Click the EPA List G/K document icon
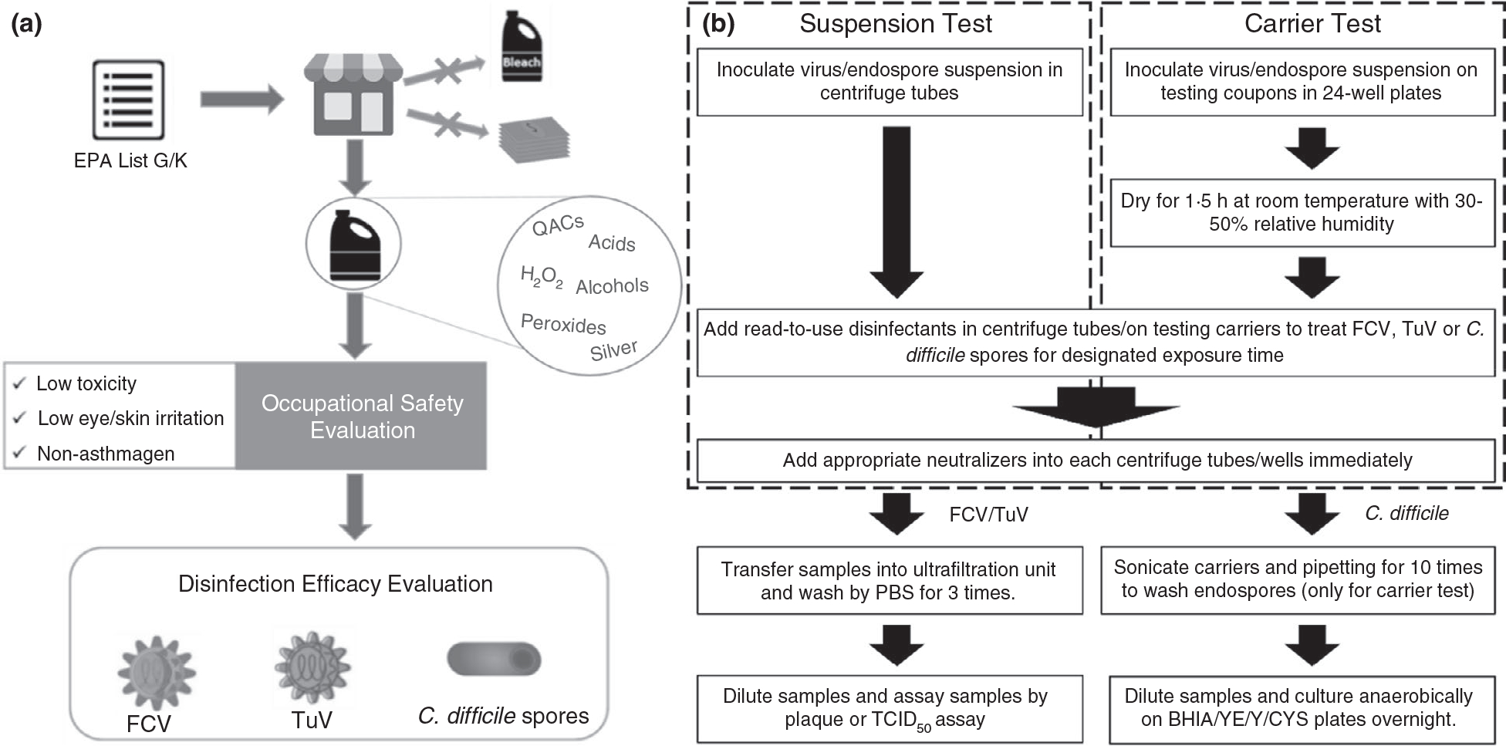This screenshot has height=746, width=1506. (x=128, y=99)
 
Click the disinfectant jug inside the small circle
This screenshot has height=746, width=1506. (x=353, y=244)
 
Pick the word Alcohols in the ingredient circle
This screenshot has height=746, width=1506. (x=612, y=286)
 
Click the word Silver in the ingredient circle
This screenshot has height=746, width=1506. (x=613, y=350)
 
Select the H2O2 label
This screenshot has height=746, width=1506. (x=541, y=277)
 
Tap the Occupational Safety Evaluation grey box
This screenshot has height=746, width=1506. (x=362, y=416)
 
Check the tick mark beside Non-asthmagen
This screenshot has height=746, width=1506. (x=20, y=453)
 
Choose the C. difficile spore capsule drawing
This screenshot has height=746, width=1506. (x=494, y=659)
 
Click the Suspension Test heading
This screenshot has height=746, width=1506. (x=895, y=24)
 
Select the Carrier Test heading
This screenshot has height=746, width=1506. (x=1312, y=24)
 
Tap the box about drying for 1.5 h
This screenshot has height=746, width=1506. (x=1302, y=212)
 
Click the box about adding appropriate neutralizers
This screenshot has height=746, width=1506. (x=1096, y=461)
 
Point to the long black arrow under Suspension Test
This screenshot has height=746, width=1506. (x=896, y=211)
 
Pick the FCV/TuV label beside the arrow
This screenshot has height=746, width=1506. (x=988, y=515)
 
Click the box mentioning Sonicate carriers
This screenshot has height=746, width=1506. (x=1298, y=579)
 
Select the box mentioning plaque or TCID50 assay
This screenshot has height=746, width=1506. (x=889, y=708)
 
